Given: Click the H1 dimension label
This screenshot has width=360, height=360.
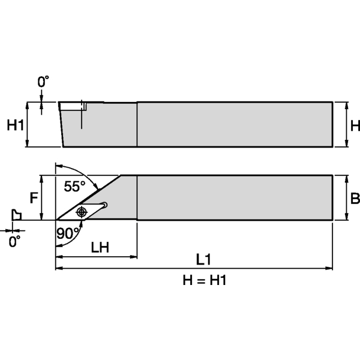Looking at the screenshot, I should [15, 125].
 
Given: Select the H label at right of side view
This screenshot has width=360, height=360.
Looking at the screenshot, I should [354, 125].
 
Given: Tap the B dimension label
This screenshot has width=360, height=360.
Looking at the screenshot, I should [354, 199].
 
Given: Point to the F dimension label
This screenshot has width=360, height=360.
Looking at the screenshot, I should [34, 197].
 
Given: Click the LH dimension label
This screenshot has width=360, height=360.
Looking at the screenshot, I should [100, 247].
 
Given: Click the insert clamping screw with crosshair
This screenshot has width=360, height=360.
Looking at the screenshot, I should [82, 211].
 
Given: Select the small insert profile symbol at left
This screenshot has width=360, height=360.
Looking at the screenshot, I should [16, 215].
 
